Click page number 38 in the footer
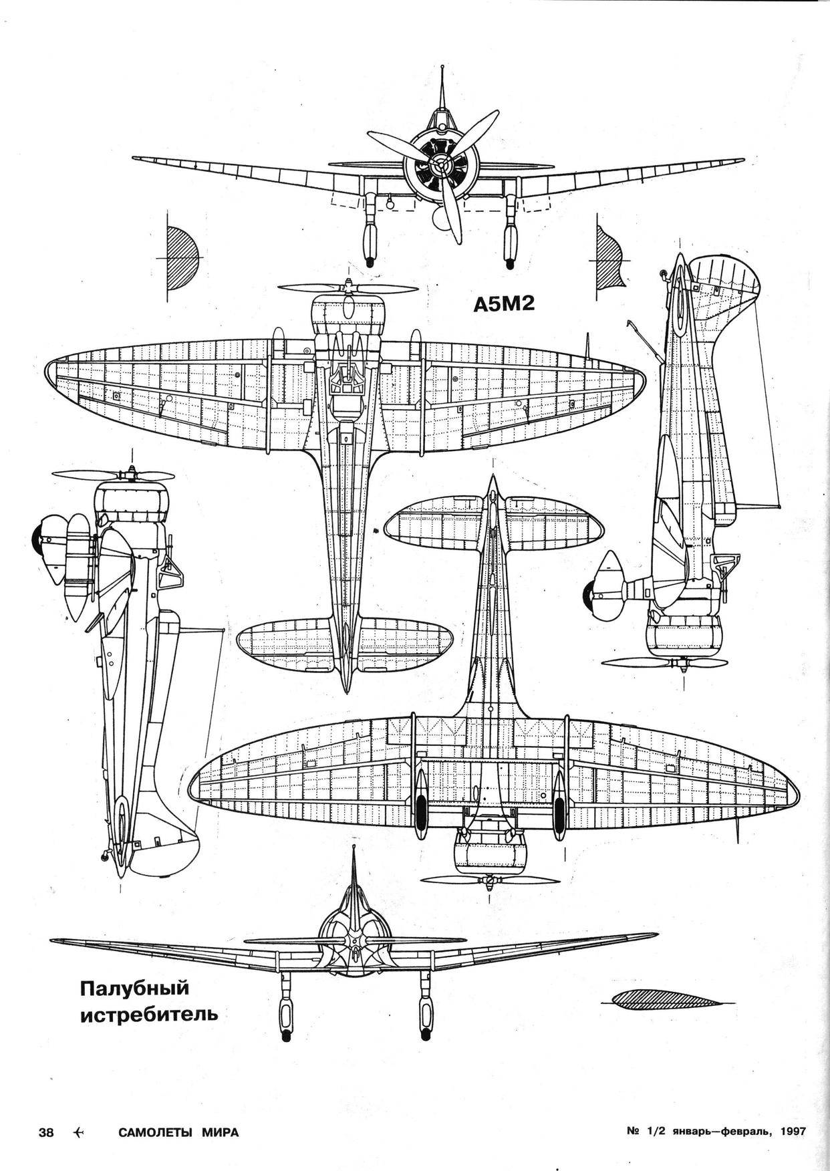point(46,1132)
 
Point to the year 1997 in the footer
point(793,1132)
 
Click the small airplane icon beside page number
point(80,1132)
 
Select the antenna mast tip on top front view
point(443,68)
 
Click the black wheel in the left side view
point(37,532)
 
